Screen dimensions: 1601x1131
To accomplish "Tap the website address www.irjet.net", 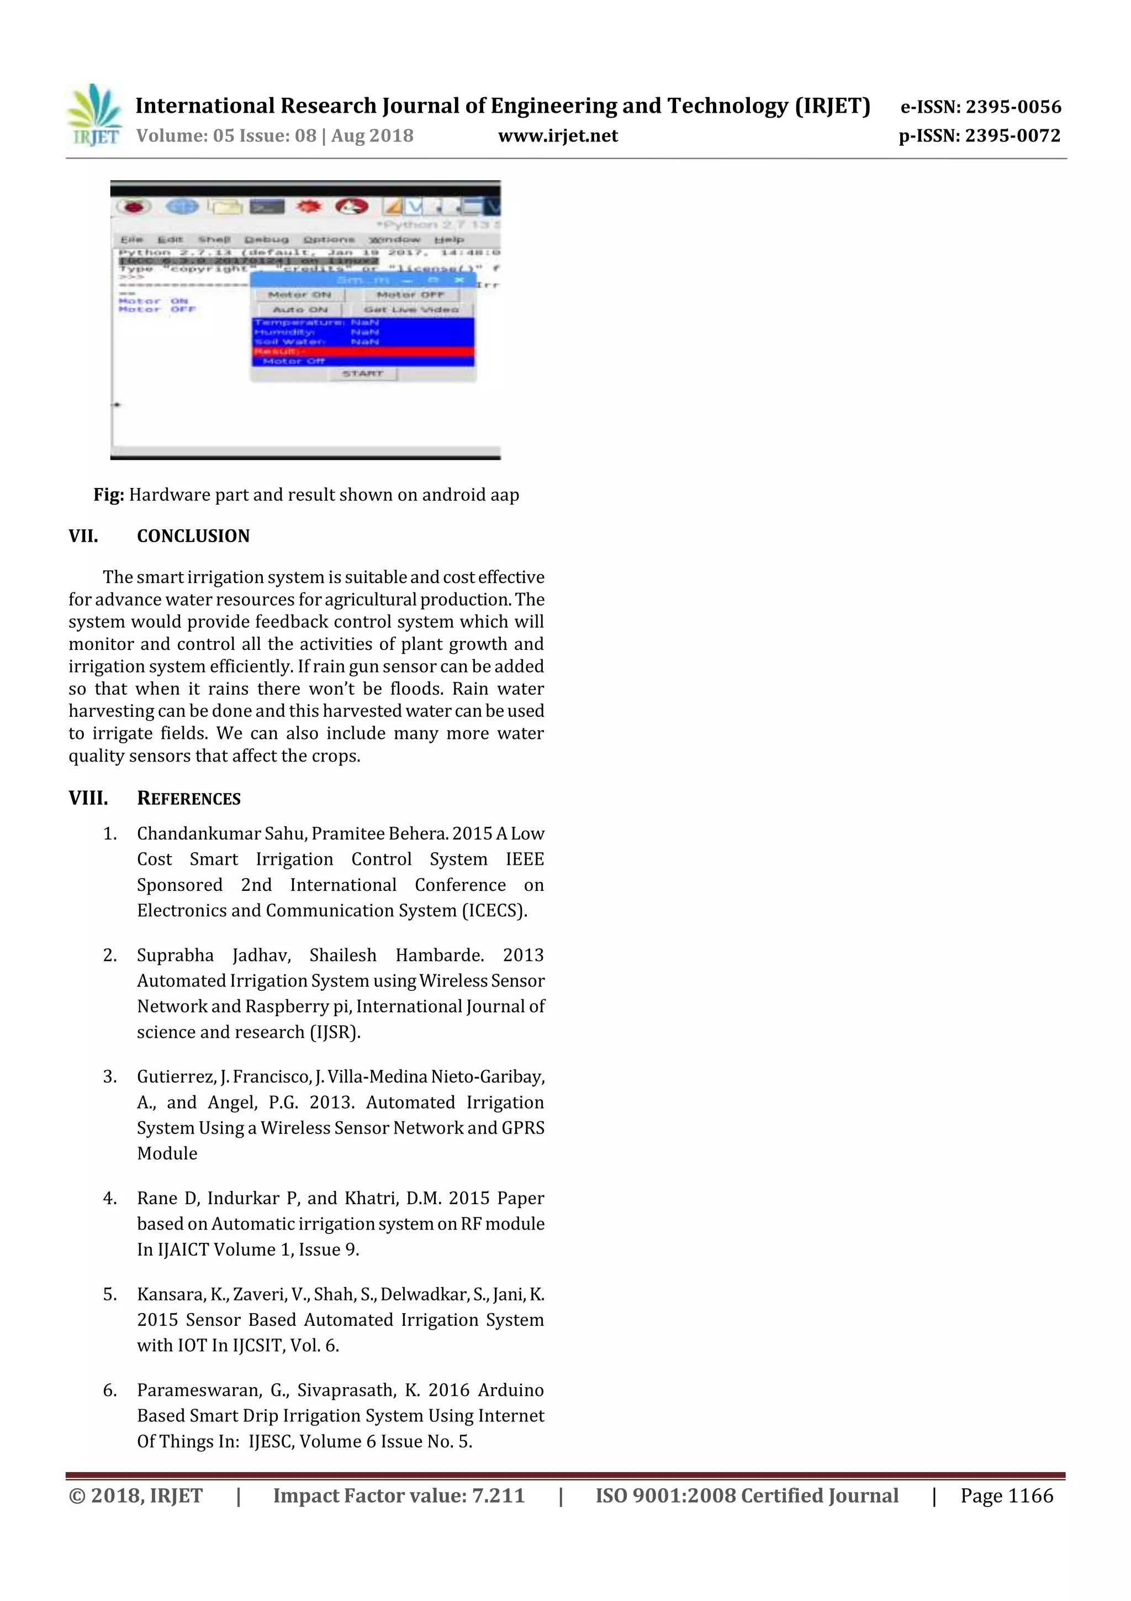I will pos(557,136).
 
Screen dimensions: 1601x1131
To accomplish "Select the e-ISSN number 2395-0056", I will pos(1012,107).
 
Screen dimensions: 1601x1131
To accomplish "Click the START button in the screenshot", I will pos(362,374).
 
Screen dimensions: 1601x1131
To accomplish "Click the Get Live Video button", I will pos(410,309).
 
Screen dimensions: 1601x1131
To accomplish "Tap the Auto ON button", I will pos(300,309).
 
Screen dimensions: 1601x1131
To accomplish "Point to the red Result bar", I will pos(362,351).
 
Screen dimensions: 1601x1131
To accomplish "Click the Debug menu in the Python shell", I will pos(266,240).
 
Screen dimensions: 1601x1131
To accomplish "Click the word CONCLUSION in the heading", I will pos(193,536).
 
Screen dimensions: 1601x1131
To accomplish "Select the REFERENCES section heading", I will pos(189,799).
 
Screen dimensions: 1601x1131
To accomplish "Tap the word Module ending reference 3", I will pos(167,1153).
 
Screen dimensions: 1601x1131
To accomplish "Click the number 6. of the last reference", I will pos(110,1390).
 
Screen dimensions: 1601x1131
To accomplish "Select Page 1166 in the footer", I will pos(1006,1495).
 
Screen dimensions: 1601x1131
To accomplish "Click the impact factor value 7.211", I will pos(498,1495).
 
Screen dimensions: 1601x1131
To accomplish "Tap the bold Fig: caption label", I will pos(109,495).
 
